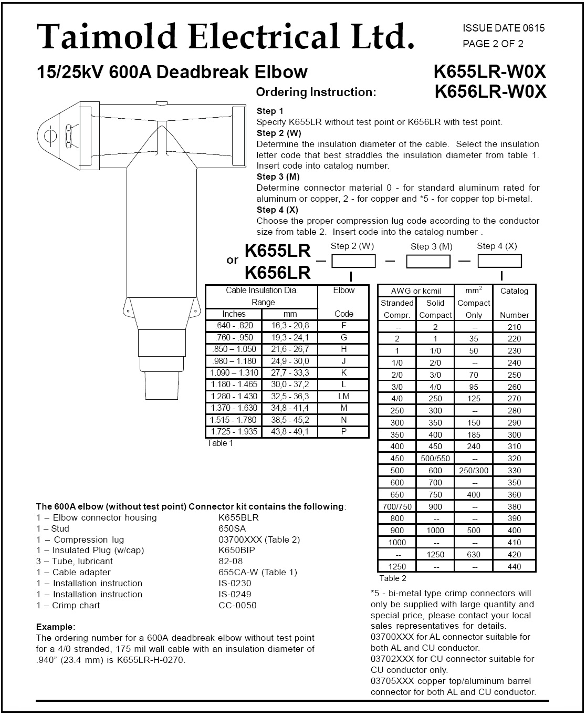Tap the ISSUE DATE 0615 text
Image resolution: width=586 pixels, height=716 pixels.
(504, 28)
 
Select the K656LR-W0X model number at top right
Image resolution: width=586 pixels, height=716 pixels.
(490, 92)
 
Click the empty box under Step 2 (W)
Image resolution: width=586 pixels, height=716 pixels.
(353, 261)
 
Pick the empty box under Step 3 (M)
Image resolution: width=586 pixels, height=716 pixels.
(428, 261)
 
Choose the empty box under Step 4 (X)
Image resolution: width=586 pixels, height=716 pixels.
(499, 261)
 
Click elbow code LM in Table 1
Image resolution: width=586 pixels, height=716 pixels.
(343, 397)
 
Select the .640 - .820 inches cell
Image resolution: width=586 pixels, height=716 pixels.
(234, 326)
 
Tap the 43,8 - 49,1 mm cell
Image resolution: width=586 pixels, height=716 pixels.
(290, 432)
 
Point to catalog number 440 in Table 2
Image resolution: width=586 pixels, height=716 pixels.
(514, 566)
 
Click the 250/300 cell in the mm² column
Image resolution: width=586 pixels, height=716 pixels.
(474, 471)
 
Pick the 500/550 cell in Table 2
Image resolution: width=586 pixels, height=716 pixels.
(435, 459)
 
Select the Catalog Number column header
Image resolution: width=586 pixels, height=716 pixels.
(514, 303)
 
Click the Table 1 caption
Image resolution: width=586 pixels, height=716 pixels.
(220, 443)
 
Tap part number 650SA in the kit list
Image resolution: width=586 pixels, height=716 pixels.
(232, 528)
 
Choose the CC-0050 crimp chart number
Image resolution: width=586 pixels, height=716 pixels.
(237, 605)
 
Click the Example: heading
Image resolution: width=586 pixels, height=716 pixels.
(56, 627)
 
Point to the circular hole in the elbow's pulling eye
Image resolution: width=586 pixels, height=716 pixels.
(50, 135)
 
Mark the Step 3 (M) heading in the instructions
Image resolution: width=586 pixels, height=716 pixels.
(278, 177)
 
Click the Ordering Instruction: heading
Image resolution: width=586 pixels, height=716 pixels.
(316, 92)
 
